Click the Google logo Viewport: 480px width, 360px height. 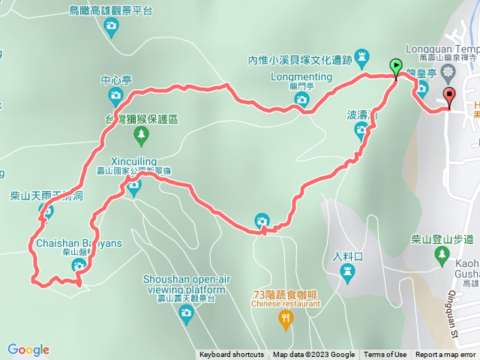tap(28, 349)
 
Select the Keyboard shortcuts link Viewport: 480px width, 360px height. tap(232, 355)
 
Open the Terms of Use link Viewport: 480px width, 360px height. tap(385, 355)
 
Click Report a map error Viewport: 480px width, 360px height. tap(447, 355)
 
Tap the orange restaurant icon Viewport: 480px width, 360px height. tap(286, 321)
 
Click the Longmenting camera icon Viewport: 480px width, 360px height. tap(301, 99)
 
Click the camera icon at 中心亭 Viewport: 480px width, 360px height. tap(115, 94)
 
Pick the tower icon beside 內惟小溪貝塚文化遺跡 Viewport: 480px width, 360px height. tap(363, 56)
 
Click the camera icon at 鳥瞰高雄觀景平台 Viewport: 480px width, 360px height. tap(111, 28)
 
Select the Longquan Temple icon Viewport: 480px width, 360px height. tap(448, 72)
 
